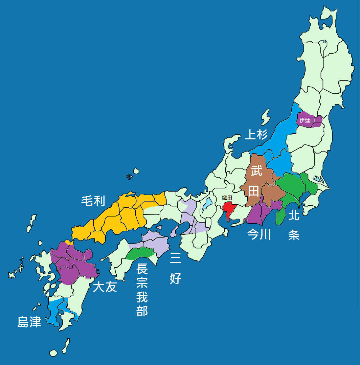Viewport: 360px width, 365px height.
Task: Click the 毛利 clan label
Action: [93, 201]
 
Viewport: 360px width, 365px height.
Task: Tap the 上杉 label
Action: [256, 135]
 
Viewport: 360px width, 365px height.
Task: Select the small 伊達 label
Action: [305, 120]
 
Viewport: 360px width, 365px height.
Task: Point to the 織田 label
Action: [227, 198]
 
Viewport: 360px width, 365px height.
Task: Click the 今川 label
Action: [260, 234]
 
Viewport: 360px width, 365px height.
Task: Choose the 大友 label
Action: [105, 287]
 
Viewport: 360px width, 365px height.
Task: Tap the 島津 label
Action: [29, 322]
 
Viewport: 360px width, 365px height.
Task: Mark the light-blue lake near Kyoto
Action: [207, 204]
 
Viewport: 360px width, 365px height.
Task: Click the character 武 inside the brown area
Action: [256, 171]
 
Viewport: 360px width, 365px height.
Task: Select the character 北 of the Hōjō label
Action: [294, 215]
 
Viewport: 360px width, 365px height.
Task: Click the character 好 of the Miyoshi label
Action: [175, 279]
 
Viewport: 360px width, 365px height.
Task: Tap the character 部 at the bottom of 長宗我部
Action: [142, 311]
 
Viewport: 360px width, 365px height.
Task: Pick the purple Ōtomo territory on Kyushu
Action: [74, 264]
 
